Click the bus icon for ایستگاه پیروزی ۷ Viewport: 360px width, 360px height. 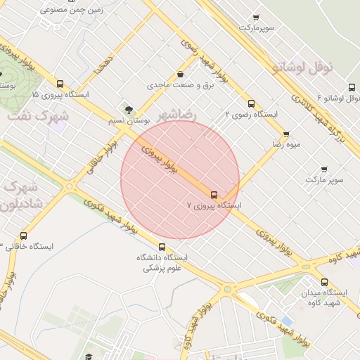pos(214,195)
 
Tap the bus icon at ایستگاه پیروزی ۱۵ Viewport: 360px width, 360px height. pos(60,83)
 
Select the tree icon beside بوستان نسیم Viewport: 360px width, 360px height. pos(128,109)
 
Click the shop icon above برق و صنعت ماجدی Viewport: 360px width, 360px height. pos(181,74)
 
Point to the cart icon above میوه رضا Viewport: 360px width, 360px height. pos(286,134)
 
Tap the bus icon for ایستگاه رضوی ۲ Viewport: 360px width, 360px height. pos(252,103)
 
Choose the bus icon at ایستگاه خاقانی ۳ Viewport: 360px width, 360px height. pos(25,236)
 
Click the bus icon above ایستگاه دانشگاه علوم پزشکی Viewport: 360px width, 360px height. pos(162,247)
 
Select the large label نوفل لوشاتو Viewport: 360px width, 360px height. pos(310,67)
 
